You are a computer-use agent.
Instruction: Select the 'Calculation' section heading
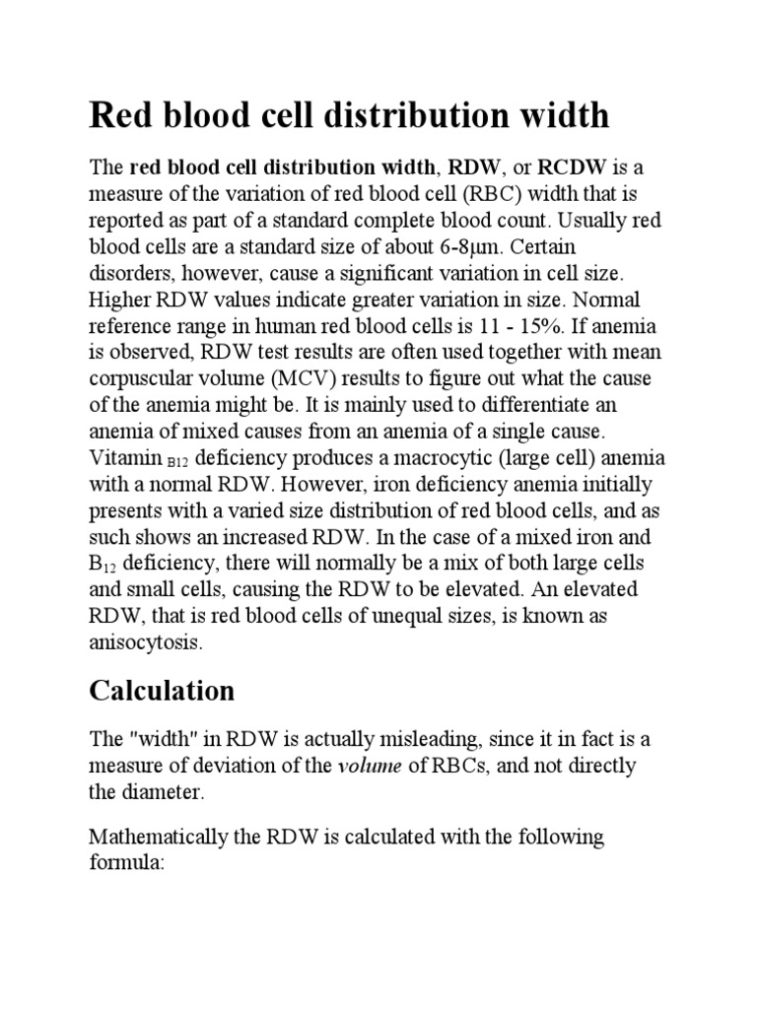click(162, 691)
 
